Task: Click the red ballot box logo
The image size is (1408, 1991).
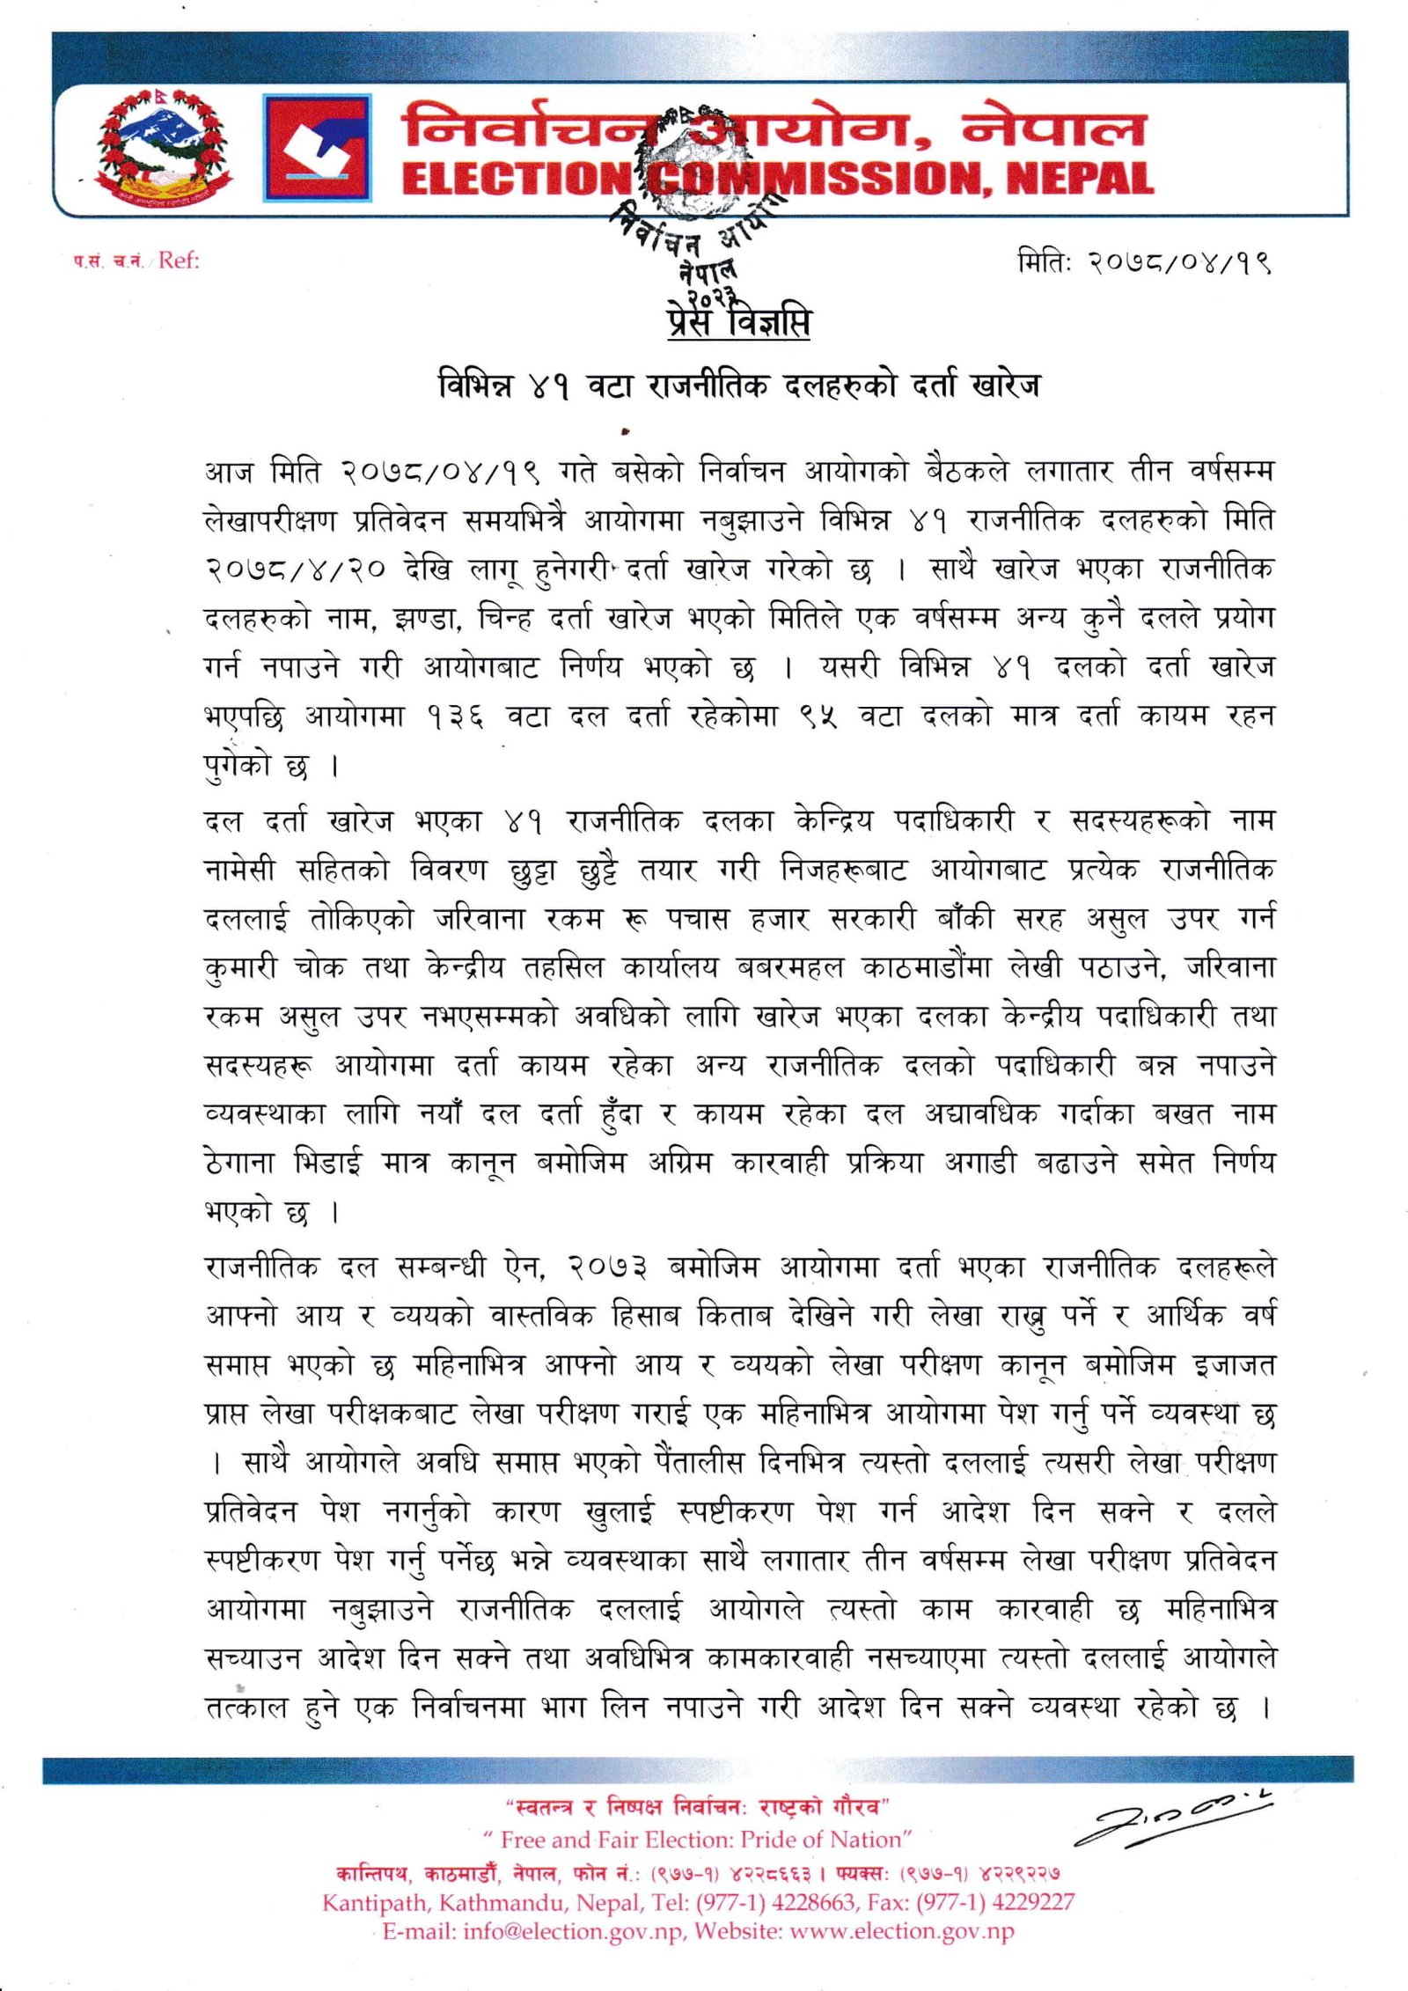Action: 317,147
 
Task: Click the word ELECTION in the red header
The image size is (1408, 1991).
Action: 516,179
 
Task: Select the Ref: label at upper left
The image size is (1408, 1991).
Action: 179,261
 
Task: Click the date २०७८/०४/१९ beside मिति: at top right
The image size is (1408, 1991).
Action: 1178,262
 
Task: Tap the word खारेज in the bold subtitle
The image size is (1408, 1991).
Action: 1003,386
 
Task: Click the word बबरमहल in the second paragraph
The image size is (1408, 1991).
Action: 789,968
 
